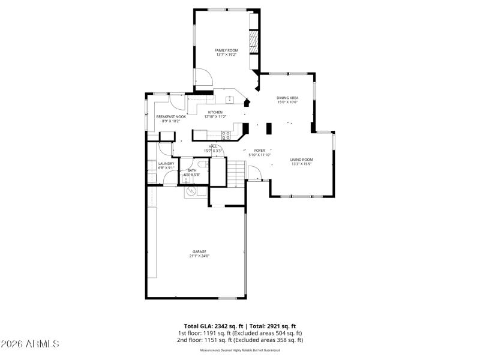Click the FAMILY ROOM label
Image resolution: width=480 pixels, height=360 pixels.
[226, 50]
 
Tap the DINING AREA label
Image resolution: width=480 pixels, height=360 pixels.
[287, 98]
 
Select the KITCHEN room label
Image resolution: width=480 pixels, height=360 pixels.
[215, 112]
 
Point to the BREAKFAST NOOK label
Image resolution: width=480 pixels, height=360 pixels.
[171, 116]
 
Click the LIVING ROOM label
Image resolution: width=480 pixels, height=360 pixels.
[302, 159]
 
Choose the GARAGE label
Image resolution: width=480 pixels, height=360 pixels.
[199, 251]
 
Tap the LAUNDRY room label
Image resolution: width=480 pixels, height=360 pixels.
[166, 163]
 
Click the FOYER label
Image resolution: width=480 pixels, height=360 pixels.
[260, 151]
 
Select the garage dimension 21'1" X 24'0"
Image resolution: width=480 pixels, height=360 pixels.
[199, 256]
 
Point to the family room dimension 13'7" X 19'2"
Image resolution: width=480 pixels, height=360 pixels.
[226, 55]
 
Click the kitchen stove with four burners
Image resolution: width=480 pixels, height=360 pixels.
[226, 134]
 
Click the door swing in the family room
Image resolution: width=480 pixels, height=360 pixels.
[202, 77]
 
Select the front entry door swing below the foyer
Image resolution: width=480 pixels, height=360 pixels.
[254, 173]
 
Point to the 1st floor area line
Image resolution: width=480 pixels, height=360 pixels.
[240, 333]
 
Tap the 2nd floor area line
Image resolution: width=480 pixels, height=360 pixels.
[240, 340]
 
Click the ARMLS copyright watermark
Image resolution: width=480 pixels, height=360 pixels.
[30, 344]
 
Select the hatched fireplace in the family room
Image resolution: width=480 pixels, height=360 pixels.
[253, 43]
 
